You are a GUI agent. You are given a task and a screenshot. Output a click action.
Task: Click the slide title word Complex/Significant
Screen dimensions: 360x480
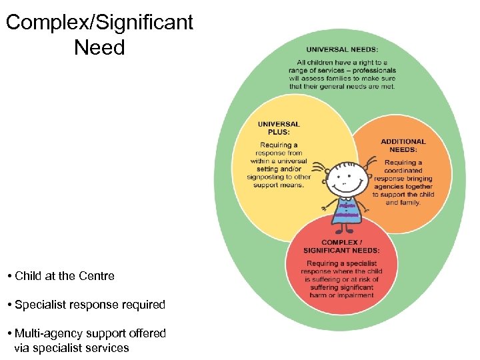tap(99, 23)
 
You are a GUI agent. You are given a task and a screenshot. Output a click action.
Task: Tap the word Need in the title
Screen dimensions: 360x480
tap(99, 47)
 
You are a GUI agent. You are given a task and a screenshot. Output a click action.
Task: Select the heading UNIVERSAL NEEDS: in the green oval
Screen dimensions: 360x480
tap(341, 49)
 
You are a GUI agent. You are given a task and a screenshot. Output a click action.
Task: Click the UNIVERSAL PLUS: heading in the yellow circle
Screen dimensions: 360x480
tap(279, 128)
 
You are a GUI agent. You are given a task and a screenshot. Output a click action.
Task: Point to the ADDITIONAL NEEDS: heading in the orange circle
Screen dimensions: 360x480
tap(403, 145)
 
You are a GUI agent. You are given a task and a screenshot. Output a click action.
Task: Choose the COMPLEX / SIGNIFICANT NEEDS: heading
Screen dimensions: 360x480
tap(341, 247)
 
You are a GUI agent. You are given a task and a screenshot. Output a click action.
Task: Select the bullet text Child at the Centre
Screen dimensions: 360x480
tap(65, 276)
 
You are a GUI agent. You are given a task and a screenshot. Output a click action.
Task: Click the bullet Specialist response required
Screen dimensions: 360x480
tap(89, 305)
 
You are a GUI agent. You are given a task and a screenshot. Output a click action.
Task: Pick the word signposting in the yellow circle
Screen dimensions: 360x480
tap(267, 177)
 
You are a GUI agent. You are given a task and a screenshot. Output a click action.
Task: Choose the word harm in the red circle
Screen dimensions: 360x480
tap(319, 295)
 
